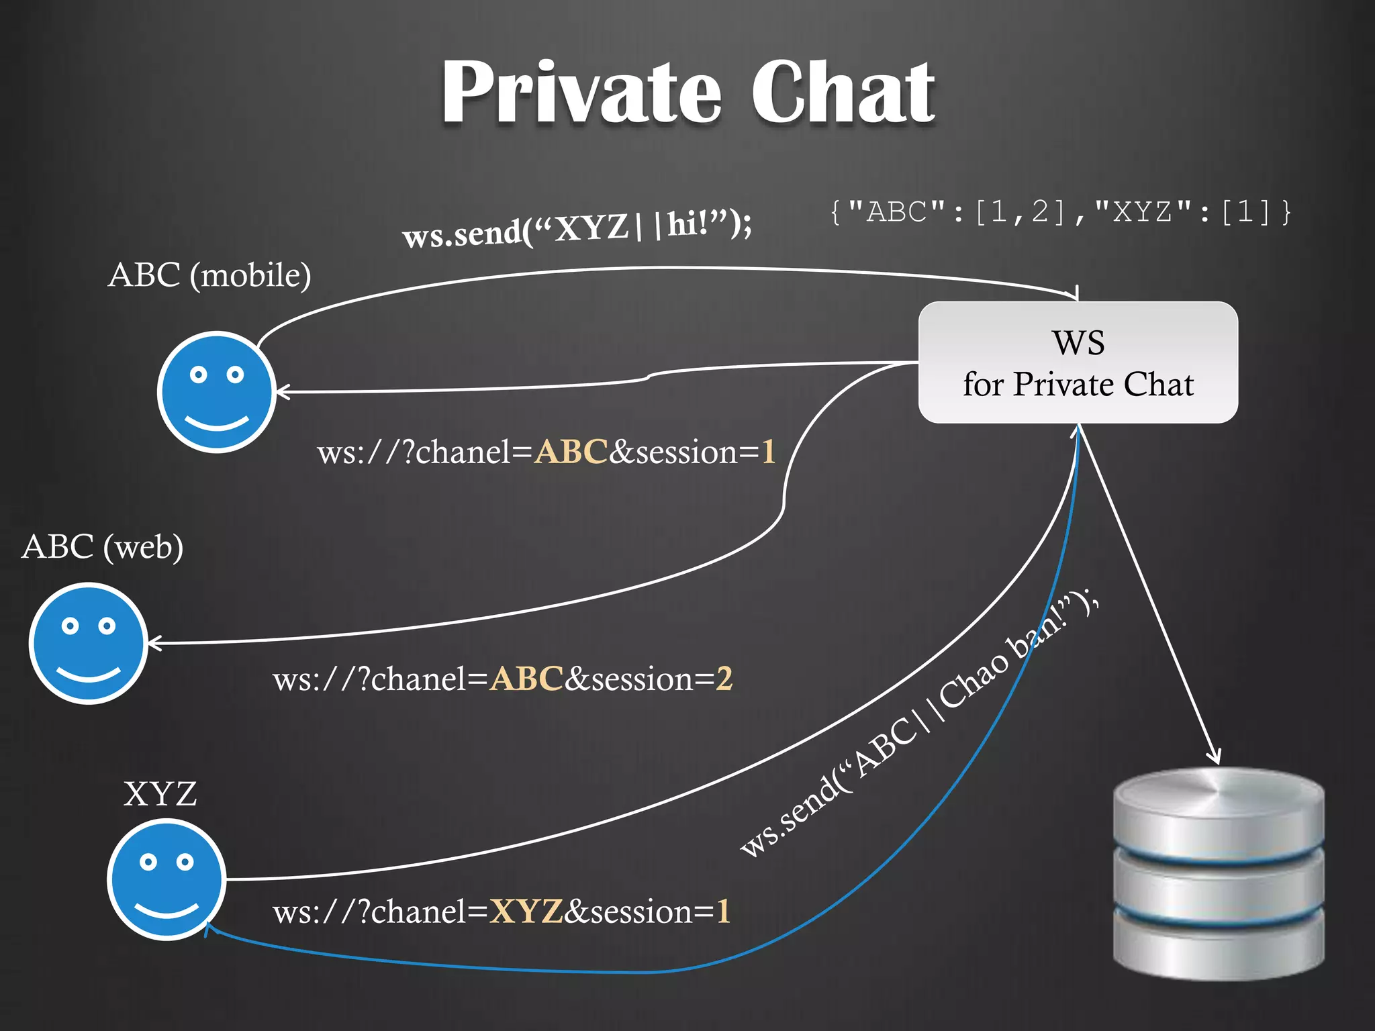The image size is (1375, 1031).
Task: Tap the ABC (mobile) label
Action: [209, 275]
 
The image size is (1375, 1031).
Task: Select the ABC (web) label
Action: [102, 546]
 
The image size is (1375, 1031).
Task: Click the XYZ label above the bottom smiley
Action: [160, 794]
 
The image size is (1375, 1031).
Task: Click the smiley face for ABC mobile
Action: [216, 392]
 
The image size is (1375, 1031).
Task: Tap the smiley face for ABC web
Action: [88, 643]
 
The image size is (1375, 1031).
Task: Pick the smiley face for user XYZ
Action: [166, 879]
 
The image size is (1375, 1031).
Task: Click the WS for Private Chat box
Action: [1078, 362]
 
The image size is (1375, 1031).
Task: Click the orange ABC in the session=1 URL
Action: [571, 452]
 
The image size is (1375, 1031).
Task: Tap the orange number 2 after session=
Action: [724, 679]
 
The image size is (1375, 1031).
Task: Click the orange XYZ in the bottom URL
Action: [526, 912]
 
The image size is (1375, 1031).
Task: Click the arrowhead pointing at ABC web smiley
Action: [153, 643]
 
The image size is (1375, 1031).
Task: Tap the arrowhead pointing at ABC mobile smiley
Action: [282, 392]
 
